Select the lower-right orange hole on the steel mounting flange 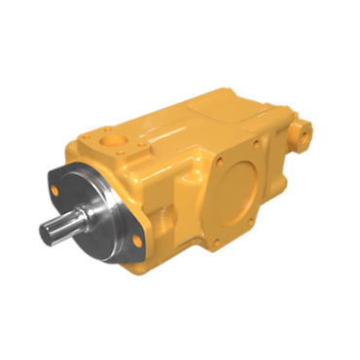[x=136, y=239]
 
